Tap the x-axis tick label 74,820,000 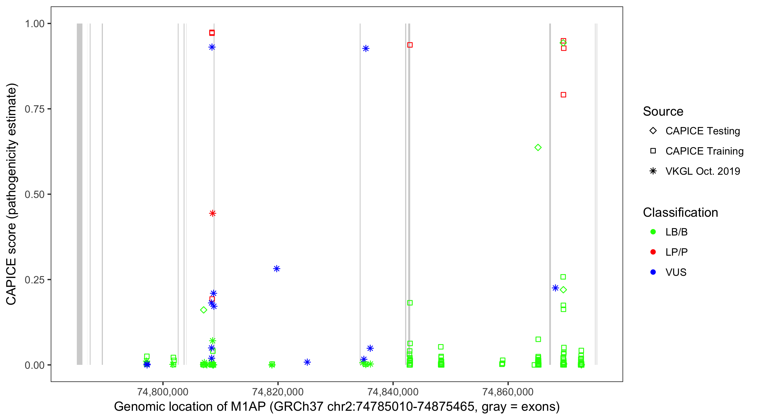277,391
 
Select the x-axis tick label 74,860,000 508,391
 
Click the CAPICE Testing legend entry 702,131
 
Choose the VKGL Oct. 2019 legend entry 702,171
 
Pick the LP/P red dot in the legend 653,252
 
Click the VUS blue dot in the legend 653,272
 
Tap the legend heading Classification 680,213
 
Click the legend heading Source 663,111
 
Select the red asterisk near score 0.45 213,213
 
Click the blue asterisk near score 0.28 276,269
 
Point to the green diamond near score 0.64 538,147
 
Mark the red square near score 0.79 563,95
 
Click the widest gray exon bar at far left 80,194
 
